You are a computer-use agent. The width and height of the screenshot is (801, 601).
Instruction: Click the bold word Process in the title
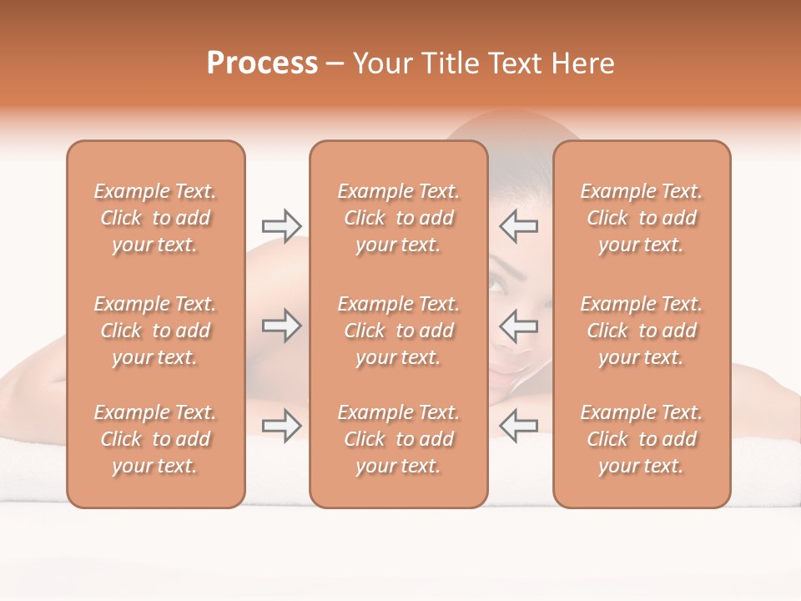(262, 63)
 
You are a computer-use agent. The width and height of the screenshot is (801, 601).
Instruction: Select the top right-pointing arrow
(281, 225)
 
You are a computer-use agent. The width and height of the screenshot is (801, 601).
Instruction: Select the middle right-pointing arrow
(281, 326)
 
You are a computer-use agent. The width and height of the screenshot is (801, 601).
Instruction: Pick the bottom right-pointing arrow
(281, 427)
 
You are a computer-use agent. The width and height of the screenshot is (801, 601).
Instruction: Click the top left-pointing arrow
(519, 225)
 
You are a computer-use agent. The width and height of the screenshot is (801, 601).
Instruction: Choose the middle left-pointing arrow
(519, 326)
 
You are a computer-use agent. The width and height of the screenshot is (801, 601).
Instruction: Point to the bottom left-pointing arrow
(519, 427)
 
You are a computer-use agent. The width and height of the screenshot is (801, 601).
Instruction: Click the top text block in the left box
(155, 218)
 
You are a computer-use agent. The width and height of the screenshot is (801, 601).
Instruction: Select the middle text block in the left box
(155, 331)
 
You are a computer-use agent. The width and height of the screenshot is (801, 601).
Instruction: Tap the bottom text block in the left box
(155, 439)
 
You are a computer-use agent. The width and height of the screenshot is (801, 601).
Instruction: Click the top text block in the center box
(399, 218)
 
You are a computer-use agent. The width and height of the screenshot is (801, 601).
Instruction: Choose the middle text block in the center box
(399, 331)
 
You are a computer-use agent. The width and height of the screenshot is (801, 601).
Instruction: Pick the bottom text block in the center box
(399, 439)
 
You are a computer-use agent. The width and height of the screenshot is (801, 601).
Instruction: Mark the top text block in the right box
(642, 218)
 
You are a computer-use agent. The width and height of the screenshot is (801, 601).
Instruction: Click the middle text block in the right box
(642, 331)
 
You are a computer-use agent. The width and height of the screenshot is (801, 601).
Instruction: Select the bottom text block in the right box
(642, 439)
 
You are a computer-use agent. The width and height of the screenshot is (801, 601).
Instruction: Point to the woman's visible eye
(498, 286)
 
